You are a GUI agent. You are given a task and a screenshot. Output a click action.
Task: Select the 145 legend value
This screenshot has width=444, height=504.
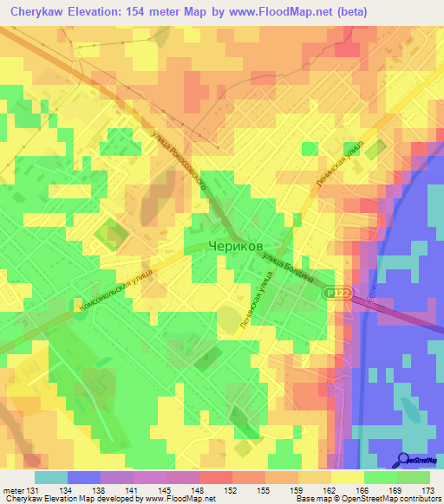point(166,490)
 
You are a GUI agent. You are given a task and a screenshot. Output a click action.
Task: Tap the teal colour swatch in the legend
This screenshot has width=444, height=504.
point(51,477)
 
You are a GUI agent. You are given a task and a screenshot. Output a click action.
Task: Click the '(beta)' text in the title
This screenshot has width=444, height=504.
point(348,11)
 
